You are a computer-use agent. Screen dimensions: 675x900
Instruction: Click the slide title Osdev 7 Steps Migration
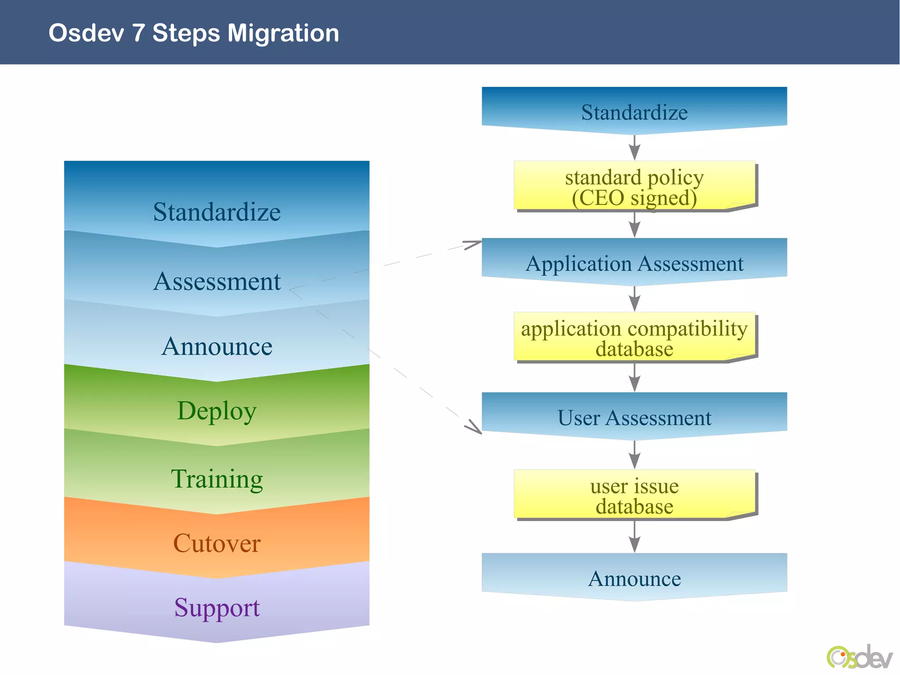tap(194, 33)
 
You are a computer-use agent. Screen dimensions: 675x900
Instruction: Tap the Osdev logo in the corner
tap(859, 658)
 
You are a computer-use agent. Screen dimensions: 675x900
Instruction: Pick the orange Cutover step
tap(217, 543)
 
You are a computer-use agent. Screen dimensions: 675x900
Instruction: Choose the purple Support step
tap(217, 607)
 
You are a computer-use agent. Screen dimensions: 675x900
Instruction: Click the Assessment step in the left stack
tap(217, 281)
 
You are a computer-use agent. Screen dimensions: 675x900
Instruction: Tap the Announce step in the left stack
tap(217, 346)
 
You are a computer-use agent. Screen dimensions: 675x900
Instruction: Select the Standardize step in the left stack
tap(217, 212)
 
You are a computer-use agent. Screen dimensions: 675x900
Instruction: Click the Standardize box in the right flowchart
tap(634, 112)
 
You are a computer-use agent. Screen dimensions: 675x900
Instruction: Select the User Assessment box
tap(634, 417)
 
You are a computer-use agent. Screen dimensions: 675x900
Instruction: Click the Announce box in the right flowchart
tap(634, 578)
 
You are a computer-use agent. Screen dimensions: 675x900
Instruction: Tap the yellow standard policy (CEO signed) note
tap(634, 186)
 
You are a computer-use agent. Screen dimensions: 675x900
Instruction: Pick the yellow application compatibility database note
tap(634, 338)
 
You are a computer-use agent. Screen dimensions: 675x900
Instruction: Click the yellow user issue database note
tap(634, 495)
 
